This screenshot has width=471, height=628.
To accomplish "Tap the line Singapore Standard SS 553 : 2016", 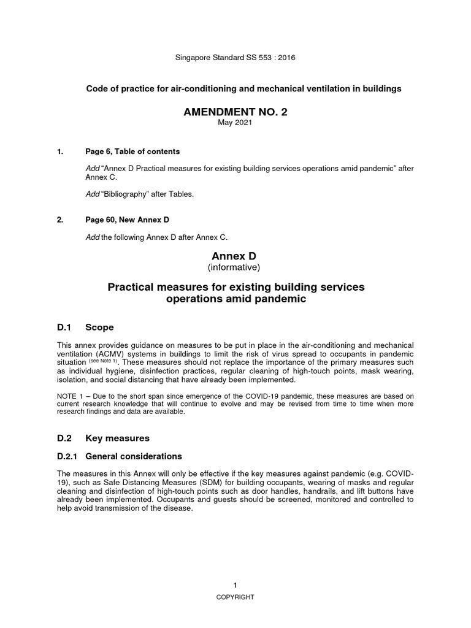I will tap(235, 58).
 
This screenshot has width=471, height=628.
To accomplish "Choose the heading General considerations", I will tap(134, 456).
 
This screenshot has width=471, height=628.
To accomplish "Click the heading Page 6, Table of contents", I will tap(132, 151).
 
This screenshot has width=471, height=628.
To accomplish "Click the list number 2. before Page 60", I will tap(59, 220).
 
